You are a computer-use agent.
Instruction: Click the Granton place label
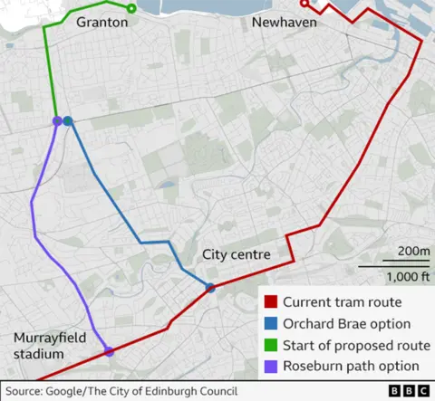(x=101, y=22)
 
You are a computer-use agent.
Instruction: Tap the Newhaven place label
(x=285, y=22)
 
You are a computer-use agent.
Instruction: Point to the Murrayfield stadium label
(x=52, y=346)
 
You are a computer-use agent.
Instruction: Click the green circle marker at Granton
(x=131, y=9)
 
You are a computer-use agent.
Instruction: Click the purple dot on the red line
(x=109, y=351)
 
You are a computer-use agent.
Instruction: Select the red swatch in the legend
(x=270, y=302)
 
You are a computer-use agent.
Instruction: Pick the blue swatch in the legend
(x=270, y=323)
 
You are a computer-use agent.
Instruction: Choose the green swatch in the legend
(x=270, y=345)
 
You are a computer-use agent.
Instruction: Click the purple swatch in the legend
(x=270, y=367)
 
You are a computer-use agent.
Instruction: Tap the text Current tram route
(x=341, y=302)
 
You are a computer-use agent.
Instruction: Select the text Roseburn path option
(x=351, y=367)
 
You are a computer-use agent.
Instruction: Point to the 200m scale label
(x=413, y=252)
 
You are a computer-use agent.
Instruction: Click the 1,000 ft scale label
(x=408, y=277)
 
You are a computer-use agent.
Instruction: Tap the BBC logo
(x=409, y=391)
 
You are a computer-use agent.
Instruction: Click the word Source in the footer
(x=25, y=391)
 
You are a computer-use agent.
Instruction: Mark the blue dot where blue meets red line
(x=210, y=289)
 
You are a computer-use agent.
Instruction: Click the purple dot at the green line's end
(x=57, y=120)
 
